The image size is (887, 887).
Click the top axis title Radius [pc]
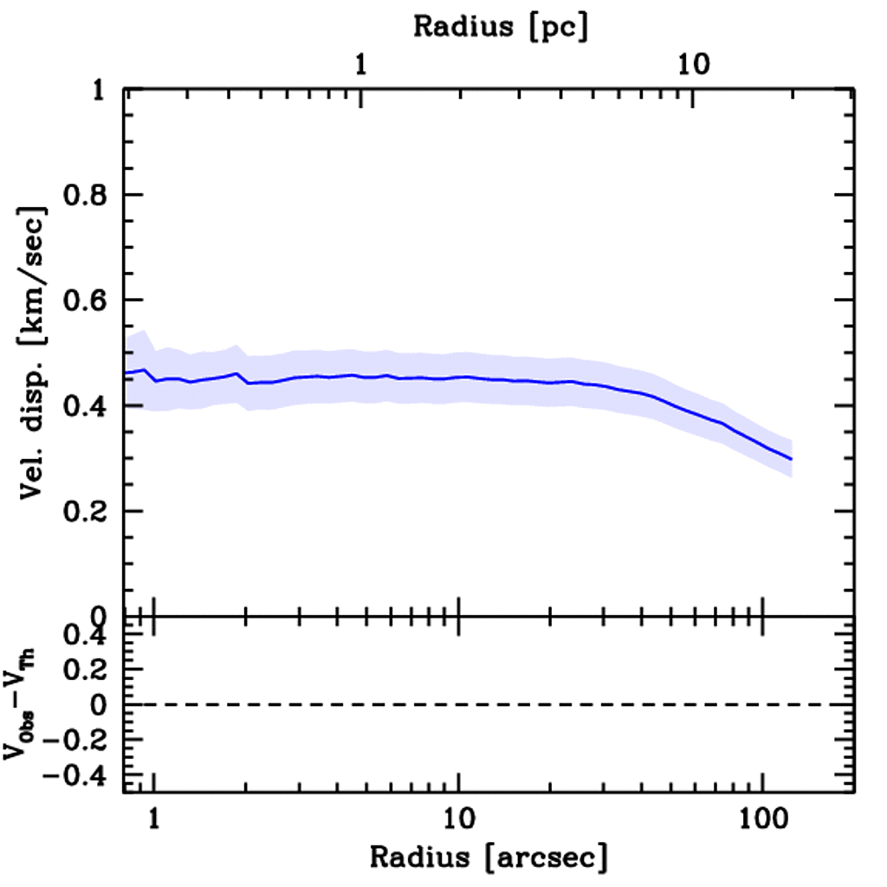501,26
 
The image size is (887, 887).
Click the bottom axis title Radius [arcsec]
489,858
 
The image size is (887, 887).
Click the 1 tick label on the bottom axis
154,818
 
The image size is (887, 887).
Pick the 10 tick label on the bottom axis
457,818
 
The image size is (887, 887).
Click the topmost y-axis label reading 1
99,90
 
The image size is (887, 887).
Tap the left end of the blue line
126,372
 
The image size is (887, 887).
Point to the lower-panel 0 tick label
99,705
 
